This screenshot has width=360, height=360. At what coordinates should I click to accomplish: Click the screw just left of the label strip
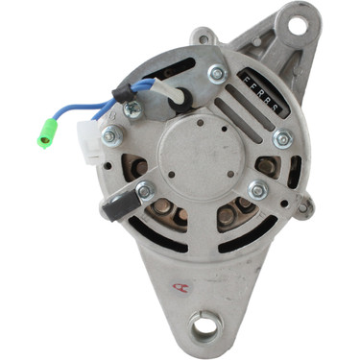216,74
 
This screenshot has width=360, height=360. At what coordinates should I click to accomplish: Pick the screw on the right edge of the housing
281,139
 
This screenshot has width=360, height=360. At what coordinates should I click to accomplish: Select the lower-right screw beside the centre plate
256,190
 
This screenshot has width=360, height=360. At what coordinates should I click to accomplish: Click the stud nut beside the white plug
112,138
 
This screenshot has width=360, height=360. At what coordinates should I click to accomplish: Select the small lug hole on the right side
303,204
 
